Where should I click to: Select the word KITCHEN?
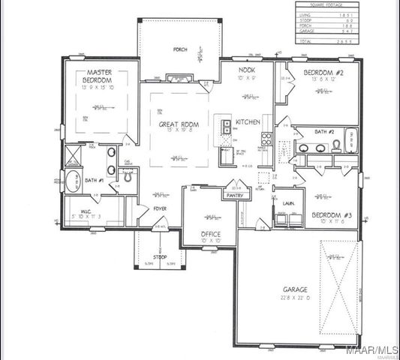248,121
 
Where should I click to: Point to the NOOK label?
248,70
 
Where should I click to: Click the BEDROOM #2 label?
323,73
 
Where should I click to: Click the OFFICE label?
210,234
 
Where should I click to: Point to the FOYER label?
160,208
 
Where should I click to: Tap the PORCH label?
180,50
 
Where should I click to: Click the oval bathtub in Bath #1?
72,181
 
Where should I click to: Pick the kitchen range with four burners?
266,137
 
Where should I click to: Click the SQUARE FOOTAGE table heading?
326,5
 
